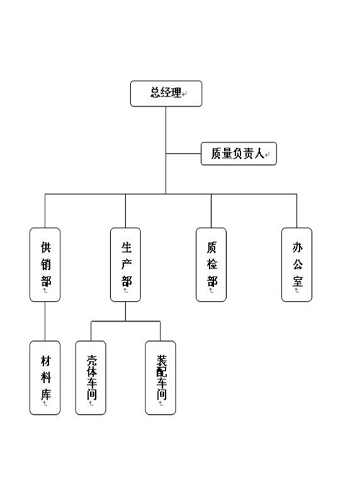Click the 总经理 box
click(x=166, y=94)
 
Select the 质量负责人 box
click(x=238, y=153)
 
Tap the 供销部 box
click(x=45, y=264)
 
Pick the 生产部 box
click(x=125, y=264)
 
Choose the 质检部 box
click(x=211, y=264)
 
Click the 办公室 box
click(x=297, y=264)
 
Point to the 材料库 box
click(x=45, y=377)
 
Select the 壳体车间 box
click(x=91, y=377)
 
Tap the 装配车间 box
click(x=161, y=377)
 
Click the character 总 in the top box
click(x=154, y=93)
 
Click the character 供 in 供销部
click(x=45, y=247)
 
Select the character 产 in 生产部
click(x=126, y=263)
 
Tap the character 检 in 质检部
click(x=212, y=264)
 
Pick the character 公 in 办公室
click(x=297, y=264)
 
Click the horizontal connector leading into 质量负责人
click(x=183, y=153)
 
